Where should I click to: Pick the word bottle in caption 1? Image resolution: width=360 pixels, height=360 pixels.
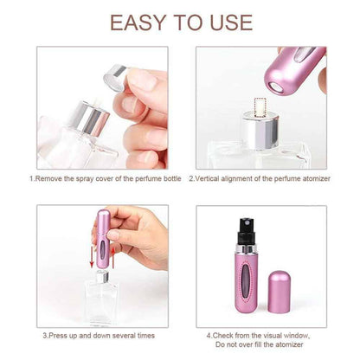[x=163, y=178]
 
